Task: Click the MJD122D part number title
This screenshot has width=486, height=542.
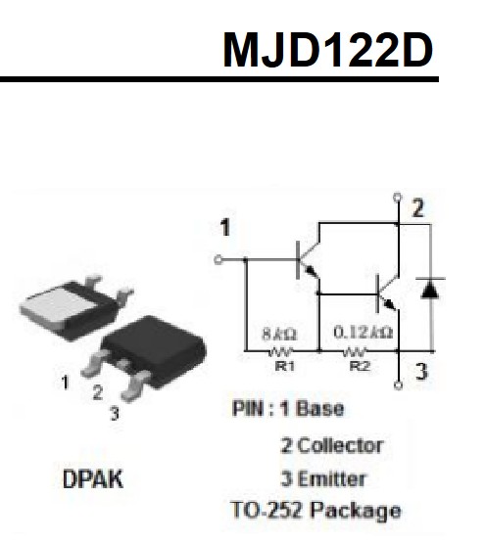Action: [327, 50]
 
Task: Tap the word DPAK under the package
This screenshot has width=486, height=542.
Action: [93, 478]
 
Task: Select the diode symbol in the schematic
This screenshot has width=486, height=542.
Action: [430, 288]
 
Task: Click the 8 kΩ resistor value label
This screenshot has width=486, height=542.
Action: [279, 334]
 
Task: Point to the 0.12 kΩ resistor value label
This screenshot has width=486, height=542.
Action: [364, 333]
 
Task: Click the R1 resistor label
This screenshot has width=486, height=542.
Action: [284, 366]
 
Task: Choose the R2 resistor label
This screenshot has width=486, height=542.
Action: [360, 366]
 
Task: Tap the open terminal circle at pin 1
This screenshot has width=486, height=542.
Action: [219, 259]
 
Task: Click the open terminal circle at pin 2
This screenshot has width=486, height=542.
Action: [398, 198]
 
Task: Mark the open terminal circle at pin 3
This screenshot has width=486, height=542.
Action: [399, 385]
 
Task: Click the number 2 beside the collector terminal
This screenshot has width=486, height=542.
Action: [418, 208]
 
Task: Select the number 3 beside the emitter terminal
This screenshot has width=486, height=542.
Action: [421, 372]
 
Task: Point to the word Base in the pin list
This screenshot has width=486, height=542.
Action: [320, 408]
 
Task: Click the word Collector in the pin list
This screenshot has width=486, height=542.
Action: [340, 445]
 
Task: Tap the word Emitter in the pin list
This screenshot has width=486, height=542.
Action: [331, 479]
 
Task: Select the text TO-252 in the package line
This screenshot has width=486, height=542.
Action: [266, 510]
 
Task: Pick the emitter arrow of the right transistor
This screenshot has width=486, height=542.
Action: [390, 304]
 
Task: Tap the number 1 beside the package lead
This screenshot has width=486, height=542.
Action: [65, 383]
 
